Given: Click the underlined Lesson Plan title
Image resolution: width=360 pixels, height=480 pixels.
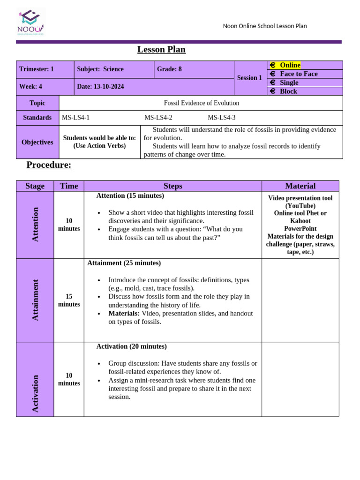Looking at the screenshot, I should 161,50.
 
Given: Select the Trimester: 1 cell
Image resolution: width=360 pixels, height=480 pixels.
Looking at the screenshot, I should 37,69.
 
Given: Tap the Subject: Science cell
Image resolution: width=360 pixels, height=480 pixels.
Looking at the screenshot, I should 100,69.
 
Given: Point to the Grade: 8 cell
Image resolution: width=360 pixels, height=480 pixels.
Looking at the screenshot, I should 169,69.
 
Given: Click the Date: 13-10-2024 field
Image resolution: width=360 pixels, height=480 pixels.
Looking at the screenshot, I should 101,87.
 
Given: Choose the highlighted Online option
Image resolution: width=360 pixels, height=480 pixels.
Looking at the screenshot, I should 290,65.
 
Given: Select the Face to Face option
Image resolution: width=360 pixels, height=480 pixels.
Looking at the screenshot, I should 298,74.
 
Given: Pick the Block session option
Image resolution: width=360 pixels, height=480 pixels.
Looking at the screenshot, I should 288,91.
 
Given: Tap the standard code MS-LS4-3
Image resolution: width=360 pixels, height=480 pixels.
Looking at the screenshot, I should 222,118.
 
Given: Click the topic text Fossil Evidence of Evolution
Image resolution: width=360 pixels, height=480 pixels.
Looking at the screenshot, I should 201,103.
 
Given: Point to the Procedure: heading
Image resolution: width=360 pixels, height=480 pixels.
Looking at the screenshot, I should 49,165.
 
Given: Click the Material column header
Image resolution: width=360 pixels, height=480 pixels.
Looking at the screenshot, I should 300,186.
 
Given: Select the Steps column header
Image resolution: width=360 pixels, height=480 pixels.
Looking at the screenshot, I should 173,186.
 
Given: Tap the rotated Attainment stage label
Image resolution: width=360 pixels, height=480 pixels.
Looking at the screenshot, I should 35,300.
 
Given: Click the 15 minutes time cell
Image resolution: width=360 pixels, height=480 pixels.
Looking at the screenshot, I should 69,300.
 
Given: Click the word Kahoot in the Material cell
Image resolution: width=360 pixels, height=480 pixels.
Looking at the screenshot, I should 300,221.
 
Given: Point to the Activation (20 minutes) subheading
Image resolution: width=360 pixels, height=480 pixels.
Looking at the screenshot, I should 131,346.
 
